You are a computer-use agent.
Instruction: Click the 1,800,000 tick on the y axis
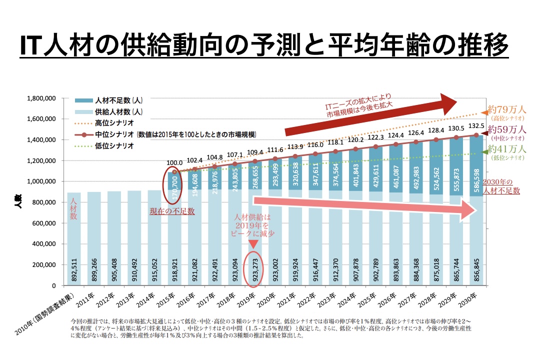[41, 98]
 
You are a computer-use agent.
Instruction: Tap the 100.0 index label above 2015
[174, 163]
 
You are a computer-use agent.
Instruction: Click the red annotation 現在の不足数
[172, 211]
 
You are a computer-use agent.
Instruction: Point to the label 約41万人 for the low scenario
[506, 149]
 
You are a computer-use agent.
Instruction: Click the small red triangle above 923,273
[253, 244]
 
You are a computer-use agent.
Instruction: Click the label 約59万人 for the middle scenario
[506, 129]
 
